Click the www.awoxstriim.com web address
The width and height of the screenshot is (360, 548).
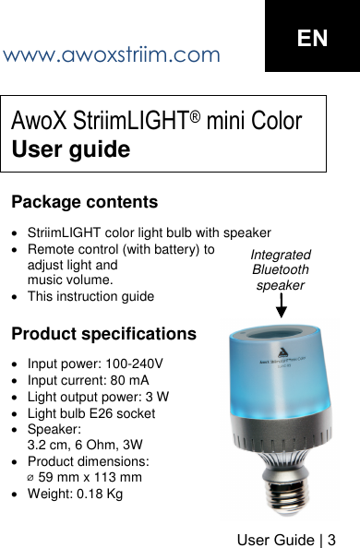tap(112, 54)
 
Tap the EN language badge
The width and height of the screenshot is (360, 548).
tap(312, 38)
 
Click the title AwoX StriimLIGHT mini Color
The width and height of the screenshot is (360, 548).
tap(156, 121)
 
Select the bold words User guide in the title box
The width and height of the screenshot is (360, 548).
tap(70, 149)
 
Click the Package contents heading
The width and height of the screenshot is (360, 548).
tap(84, 201)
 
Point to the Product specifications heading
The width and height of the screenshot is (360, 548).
tap(103, 333)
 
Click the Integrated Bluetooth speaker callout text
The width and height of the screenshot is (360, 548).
tap(281, 270)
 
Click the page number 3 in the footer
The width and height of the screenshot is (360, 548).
tap(330, 536)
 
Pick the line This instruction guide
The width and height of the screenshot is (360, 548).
tap(91, 296)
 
